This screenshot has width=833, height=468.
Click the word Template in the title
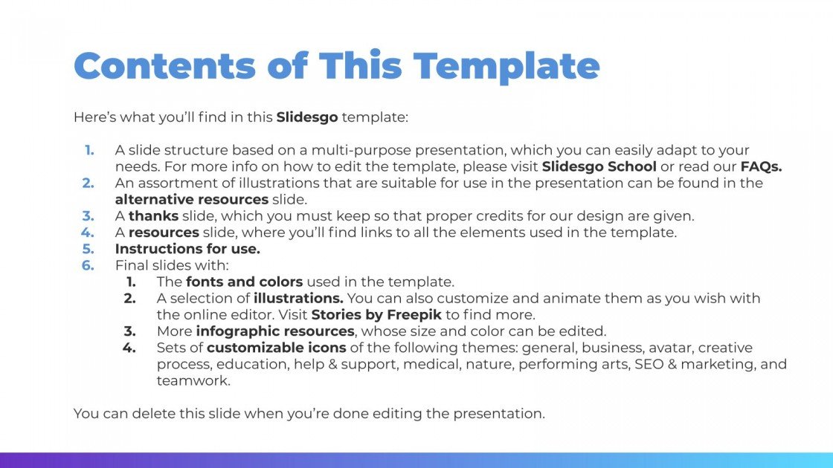506,67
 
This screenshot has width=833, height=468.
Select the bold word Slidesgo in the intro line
307,117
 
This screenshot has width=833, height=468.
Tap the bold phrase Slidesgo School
599,166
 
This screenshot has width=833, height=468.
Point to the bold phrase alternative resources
191,199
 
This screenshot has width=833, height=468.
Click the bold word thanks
153,216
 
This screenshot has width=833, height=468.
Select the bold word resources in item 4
164,233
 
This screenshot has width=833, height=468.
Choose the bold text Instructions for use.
187,249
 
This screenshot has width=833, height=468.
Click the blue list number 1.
89,150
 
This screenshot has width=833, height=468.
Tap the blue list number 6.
89,265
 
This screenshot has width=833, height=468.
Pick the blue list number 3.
89,216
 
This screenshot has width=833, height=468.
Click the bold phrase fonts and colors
244,282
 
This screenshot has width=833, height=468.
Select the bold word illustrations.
298,298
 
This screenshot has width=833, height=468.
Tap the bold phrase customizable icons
276,348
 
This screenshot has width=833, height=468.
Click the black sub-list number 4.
130,348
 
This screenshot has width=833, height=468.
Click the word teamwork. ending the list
193,380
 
